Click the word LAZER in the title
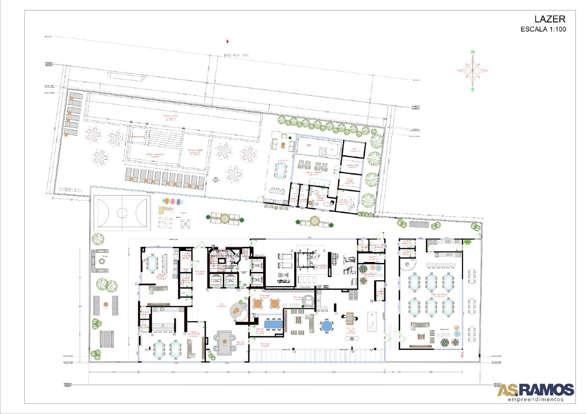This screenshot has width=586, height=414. (550, 19)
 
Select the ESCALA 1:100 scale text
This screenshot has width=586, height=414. (543, 29)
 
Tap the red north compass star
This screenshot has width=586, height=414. (472, 71)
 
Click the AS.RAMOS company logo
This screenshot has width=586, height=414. (535, 391)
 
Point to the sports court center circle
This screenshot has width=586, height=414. (122, 212)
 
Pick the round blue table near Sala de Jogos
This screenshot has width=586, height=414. (327, 326)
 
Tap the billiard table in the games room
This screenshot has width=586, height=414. (373, 320)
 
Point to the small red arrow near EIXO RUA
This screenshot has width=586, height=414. (228, 41)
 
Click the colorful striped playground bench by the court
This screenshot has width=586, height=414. (174, 201)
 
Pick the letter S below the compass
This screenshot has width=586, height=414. (472, 90)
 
